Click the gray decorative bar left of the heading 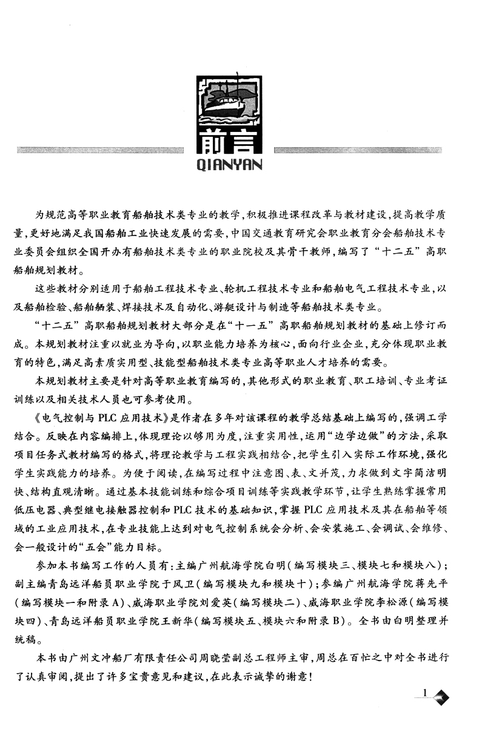coord(101,149)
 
